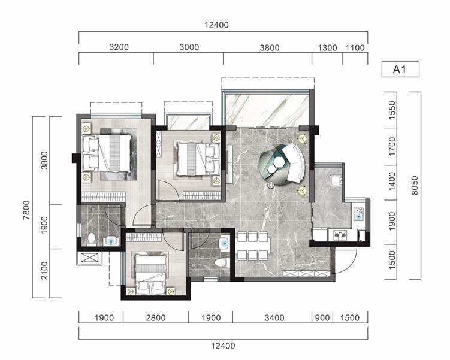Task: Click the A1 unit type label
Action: tap(400, 69)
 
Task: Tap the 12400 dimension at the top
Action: tap(216, 25)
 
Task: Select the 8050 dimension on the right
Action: tap(415, 185)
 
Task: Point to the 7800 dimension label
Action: tap(26, 210)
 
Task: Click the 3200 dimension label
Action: tap(119, 47)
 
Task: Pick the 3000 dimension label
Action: tap(189, 47)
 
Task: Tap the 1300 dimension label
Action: tap(327, 47)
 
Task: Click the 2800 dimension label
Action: tap(156, 318)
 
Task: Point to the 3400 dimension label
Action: tap(274, 318)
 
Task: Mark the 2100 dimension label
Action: tap(44, 270)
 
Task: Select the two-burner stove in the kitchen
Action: tap(340, 235)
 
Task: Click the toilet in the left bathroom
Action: tap(92, 239)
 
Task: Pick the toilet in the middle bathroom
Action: tap(222, 262)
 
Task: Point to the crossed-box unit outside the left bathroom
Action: tap(89, 258)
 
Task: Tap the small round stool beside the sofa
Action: tap(271, 185)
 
